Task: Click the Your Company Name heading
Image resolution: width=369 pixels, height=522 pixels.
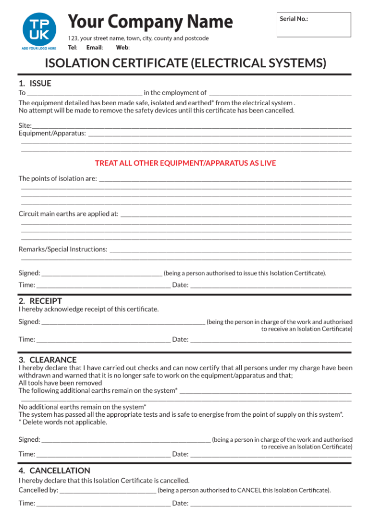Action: tap(150, 22)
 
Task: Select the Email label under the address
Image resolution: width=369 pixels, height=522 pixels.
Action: tap(95, 48)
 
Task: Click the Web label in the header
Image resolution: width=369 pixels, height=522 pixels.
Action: tap(123, 48)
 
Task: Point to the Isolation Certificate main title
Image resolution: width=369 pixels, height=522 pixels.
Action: tap(185, 63)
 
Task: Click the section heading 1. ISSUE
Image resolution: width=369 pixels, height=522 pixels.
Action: tap(35, 83)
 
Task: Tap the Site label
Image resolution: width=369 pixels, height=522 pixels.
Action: tap(25, 125)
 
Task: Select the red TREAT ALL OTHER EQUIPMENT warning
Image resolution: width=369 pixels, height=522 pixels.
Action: tap(185, 163)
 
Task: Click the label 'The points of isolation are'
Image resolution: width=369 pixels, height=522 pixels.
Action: tap(58, 178)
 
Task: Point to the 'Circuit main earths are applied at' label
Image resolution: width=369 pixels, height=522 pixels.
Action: tap(68, 214)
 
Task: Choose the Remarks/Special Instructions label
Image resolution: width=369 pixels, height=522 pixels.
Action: tap(63, 249)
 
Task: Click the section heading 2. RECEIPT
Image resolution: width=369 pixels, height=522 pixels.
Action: tap(40, 301)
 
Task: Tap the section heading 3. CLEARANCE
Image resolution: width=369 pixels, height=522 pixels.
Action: tap(48, 360)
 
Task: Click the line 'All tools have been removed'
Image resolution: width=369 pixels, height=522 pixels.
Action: tap(60, 383)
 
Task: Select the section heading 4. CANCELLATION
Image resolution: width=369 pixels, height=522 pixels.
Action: tap(54, 470)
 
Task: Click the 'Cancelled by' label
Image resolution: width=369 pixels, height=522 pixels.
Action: tap(38, 490)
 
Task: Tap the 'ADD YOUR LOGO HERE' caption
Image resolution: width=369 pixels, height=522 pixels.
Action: tap(39, 48)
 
